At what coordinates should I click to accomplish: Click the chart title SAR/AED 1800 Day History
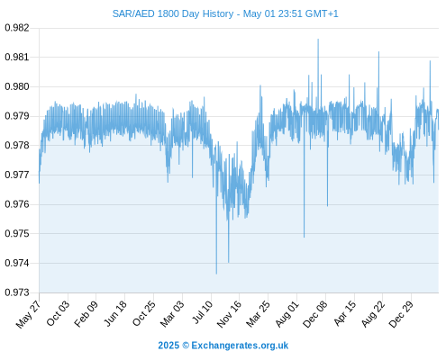pyautogui.click(x=173, y=13)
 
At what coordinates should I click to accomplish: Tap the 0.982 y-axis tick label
pyautogui.click(x=17, y=28)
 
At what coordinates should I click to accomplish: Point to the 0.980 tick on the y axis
pyautogui.click(x=17, y=86)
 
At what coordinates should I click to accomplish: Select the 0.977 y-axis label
pyautogui.click(x=17, y=175)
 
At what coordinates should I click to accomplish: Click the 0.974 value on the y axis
pyautogui.click(x=17, y=263)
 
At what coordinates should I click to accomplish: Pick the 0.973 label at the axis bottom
pyautogui.click(x=17, y=292)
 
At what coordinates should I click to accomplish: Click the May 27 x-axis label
pyautogui.click(x=28, y=314)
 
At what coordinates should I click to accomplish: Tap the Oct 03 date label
pyautogui.click(x=58, y=313)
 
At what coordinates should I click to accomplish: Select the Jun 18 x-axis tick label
pyautogui.click(x=115, y=313)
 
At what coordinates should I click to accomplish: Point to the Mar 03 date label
pyautogui.click(x=172, y=314)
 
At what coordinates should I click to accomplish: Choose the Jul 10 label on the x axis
pyautogui.click(x=203, y=312)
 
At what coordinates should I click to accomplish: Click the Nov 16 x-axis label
pyautogui.click(x=229, y=314)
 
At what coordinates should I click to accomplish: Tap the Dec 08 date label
pyautogui.click(x=315, y=314)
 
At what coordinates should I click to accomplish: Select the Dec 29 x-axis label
pyautogui.click(x=401, y=314)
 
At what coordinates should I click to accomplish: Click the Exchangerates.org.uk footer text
pyautogui.click(x=240, y=346)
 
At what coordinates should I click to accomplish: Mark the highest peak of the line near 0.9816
pyautogui.click(x=318, y=40)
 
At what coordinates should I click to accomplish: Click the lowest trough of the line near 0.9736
pyautogui.click(x=216, y=274)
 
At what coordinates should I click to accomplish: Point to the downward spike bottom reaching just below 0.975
pyautogui.click(x=304, y=237)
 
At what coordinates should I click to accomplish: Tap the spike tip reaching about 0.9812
pyautogui.click(x=378, y=52)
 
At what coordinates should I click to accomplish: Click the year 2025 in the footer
pyautogui.click(x=168, y=346)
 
